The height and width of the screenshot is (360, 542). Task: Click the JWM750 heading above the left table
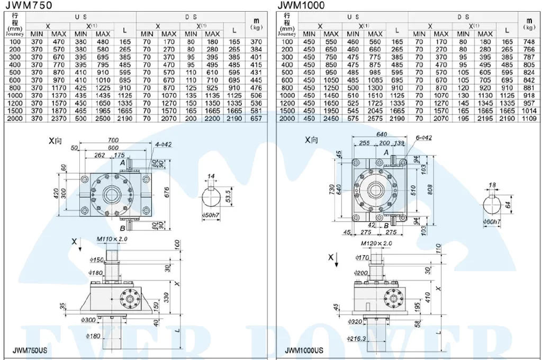tap(29, 5)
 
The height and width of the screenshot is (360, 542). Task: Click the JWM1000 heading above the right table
tap(301, 5)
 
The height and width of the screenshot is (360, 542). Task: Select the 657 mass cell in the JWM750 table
tap(256, 119)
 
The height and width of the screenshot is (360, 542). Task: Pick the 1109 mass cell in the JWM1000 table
tap(528, 119)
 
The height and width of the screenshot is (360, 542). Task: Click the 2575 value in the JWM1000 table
tap(375, 119)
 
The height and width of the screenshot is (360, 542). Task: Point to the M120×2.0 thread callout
tap(376, 243)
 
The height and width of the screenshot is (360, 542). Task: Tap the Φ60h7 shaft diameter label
tap(493, 222)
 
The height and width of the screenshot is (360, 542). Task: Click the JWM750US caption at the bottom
tap(30, 350)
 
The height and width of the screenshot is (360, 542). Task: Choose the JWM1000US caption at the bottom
tap(304, 350)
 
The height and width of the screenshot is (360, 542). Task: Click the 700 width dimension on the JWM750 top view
tap(113, 140)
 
